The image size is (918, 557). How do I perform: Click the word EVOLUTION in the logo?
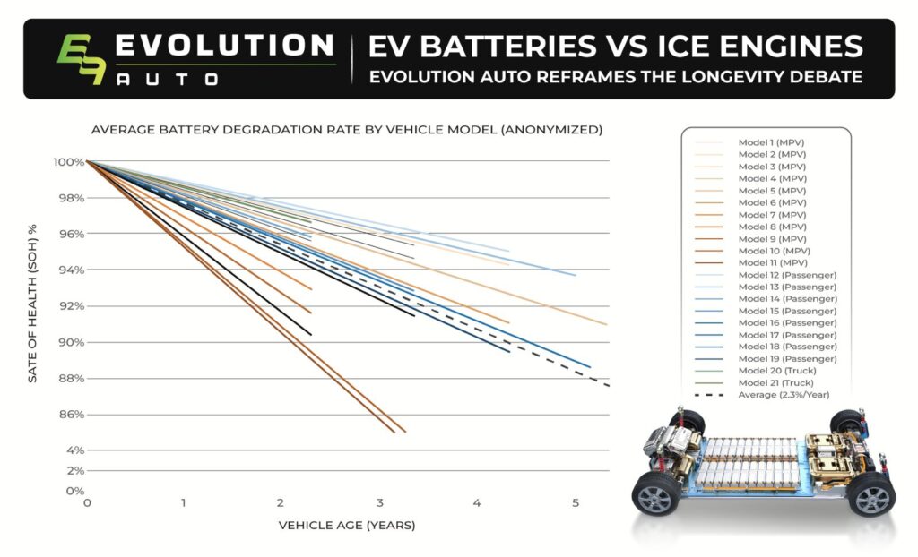(225, 45)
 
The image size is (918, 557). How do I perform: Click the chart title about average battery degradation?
(346, 130)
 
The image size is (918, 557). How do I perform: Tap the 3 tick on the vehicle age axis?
(379, 504)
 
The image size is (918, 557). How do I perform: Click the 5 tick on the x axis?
(575, 504)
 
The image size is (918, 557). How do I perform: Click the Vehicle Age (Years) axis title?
(346, 525)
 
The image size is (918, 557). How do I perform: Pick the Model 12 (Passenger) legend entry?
(786, 274)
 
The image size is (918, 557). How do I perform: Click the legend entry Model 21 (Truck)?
(775, 382)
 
